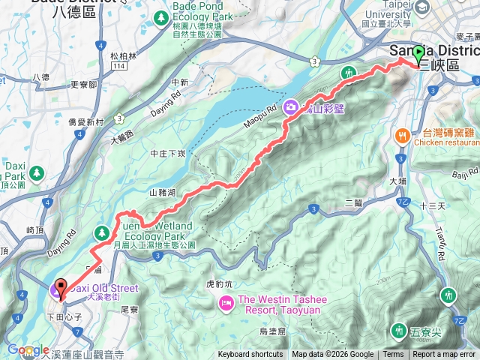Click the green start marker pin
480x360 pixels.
[418, 54]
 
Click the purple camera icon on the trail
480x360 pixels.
[290, 107]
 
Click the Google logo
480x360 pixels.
[28, 349]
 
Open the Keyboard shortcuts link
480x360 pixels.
[250, 355]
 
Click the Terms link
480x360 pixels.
[393, 355]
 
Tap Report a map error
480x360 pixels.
[444, 355]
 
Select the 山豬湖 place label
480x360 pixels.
[163, 193]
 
